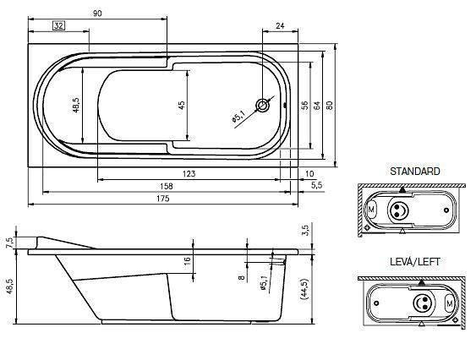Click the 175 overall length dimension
tap(163, 199)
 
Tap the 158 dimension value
tap(166, 186)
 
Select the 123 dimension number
tap(189, 174)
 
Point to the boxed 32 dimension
tap(58, 25)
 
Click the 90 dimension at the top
tap(97, 14)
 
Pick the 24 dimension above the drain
tap(280, 26)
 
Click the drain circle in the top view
tap(262, 106)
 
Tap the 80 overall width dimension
tap(330, 106)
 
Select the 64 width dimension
tap(317, 106)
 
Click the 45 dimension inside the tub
tap(181, 106)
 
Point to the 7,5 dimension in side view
tap(9, 243)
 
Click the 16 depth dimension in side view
tap(188, 261)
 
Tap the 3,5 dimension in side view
tap(305, 230)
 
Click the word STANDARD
tap(414, 172)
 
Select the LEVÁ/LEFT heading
tap(414, 262)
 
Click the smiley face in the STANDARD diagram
tap(397, 210)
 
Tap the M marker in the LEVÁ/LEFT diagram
tap(450, 303)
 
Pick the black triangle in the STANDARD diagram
tap(402, 190)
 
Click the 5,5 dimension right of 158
tap(316, 185)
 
